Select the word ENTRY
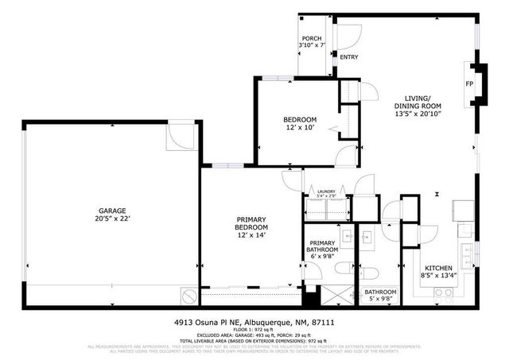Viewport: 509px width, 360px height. coord(349,57)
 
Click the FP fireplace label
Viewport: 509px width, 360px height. coord(469,83)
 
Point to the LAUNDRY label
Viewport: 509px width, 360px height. coord(326,192)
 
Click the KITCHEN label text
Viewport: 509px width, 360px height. coord(438,268)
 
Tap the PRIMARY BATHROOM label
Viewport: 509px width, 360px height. coord(323,247)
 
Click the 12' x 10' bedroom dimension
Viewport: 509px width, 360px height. coord(301,129)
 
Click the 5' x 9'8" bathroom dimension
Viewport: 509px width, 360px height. coord(380,300)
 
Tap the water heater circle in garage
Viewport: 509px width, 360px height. coord(188,297)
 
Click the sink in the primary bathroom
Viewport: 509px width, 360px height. coord(347,235)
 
